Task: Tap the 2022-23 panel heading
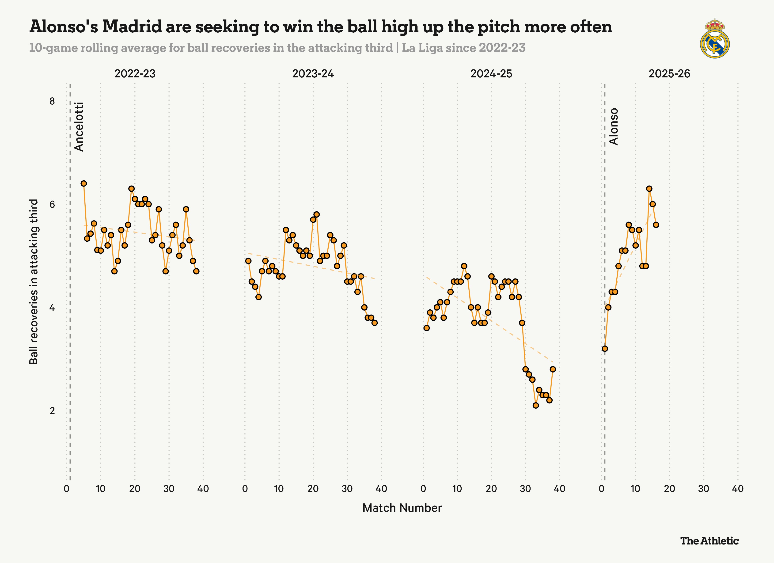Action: point(135,74)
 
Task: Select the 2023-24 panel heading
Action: point(313,74)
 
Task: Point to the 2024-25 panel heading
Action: point(491,74)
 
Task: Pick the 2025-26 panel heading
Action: point(669,74)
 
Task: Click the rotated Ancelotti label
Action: point(79,127)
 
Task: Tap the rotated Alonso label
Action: point(614,127)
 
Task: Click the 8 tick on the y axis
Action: point(52,101)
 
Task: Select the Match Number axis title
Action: point(402,508)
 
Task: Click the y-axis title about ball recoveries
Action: point(34,282)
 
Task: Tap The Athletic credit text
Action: point(709,541)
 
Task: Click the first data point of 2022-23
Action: point(83,184)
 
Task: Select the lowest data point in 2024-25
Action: point(536,405)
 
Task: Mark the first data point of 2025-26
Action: point(605,349)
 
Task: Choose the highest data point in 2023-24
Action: point(316,214)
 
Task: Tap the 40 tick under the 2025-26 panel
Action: point(737,489)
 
